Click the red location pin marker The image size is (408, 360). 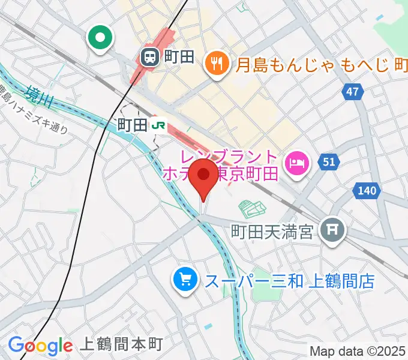coord(203,176)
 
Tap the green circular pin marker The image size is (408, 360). coord(100,38)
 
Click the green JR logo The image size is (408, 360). coord(158,125)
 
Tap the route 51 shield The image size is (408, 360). coord(329,161)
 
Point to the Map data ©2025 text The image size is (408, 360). coord(358,351)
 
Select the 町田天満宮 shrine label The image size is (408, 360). coord(273,231)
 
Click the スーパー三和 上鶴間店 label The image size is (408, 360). coord(290,280)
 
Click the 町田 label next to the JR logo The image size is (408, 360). coord(132,125)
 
